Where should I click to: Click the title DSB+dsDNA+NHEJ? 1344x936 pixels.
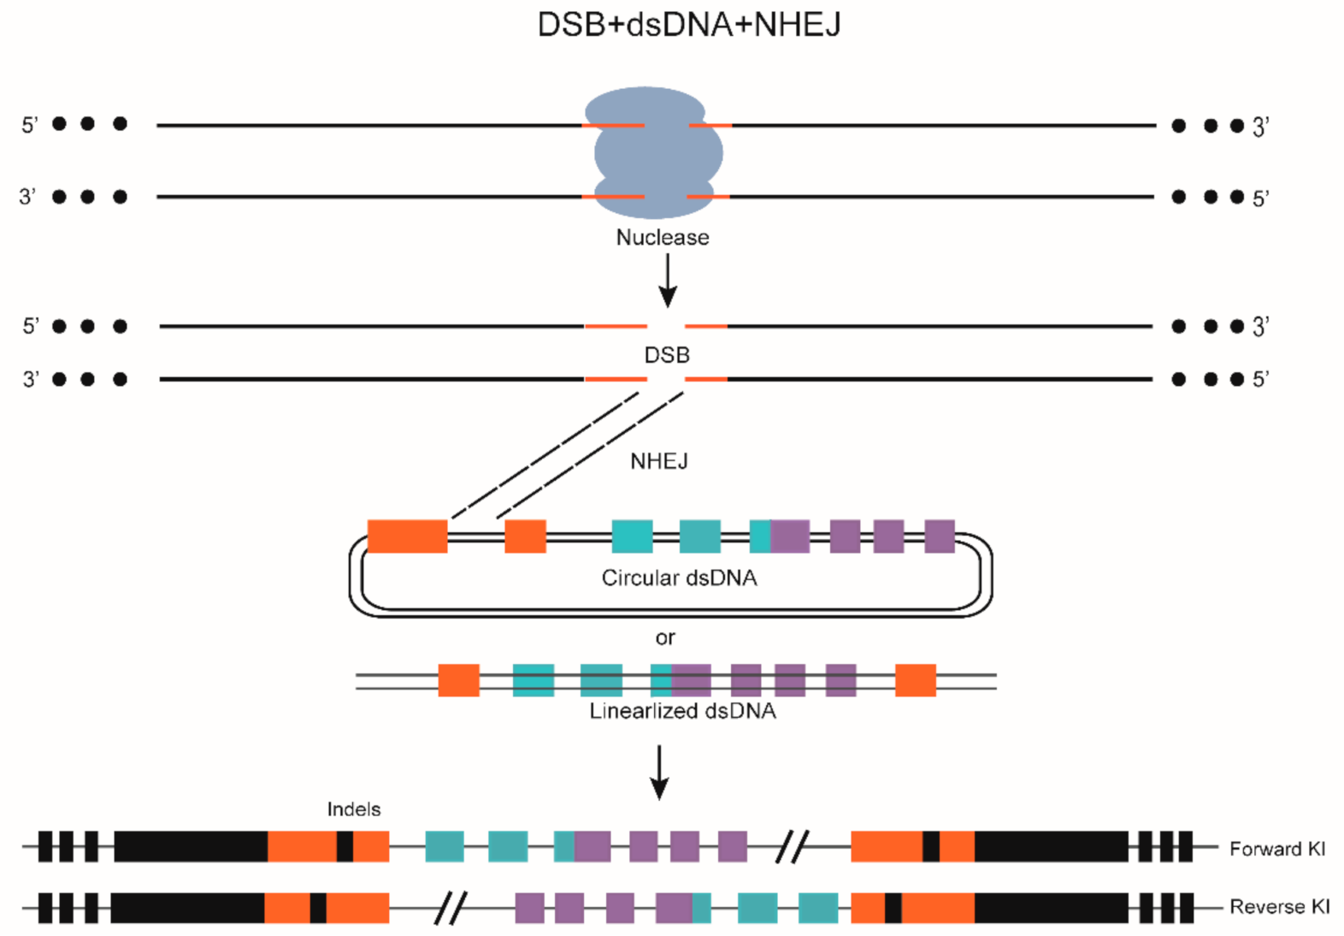pos(688,24)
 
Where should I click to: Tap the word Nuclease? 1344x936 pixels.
pos(663,237)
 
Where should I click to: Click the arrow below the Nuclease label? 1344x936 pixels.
pos(668,281)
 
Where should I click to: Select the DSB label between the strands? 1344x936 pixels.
pos(667,354)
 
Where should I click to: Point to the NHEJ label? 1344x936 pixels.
pos(659,461)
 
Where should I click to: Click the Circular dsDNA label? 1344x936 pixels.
pos(679,578)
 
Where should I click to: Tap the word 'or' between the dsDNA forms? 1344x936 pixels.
pos(665,637)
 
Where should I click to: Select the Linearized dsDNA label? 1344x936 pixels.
pos(682,711)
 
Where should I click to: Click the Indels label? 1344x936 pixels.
pos(353,809)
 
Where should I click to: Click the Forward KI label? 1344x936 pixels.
pos(1276,849)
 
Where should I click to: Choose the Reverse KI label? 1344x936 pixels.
pos(1279,907)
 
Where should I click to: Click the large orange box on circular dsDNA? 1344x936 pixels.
pos(407,536)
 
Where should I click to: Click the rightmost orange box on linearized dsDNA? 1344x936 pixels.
pos(915,680)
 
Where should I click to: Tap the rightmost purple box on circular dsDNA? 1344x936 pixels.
pos(940,536)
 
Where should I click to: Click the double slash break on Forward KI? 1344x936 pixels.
pos(792,847)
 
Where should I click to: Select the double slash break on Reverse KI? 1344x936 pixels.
pos(451,908)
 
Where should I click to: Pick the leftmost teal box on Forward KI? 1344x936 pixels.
pos(444,847)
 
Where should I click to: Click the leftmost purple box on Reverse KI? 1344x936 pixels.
pos(529,908)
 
